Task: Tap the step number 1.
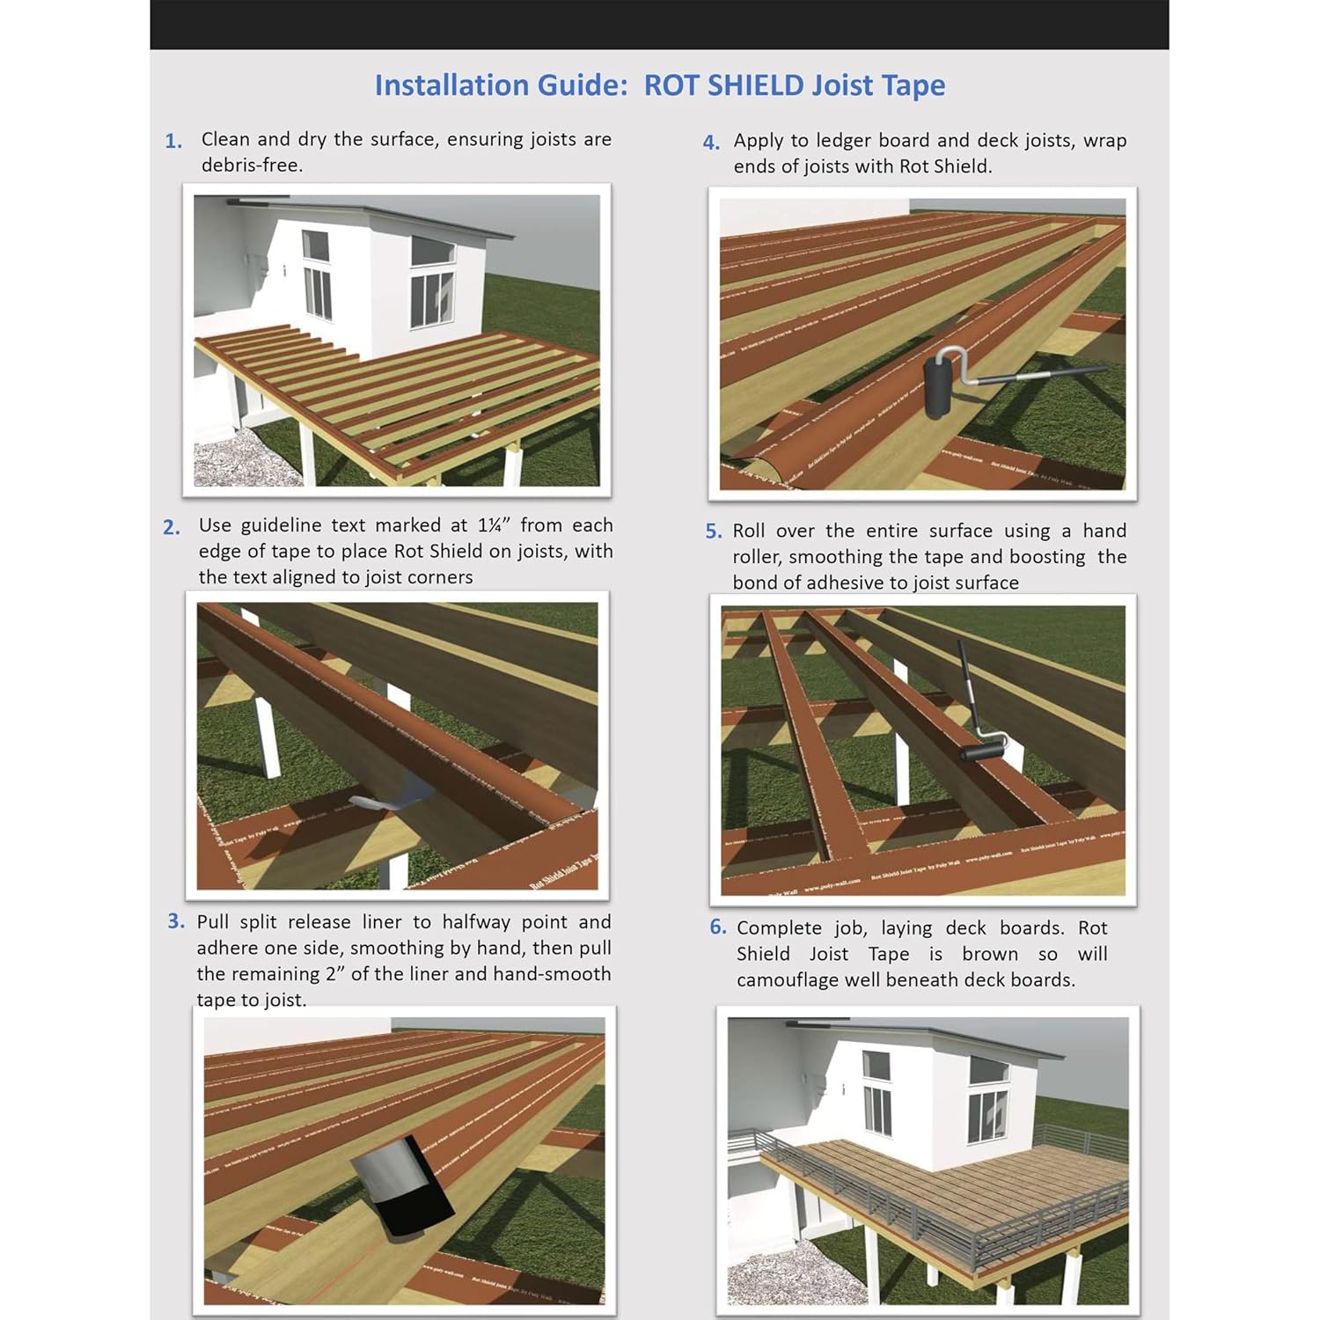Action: (173, 141)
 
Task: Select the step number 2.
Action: (172, 527)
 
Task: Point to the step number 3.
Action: (176, 921)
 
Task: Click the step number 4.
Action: (711, 143)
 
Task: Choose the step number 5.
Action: (714, 532)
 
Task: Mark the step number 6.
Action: (718, 927)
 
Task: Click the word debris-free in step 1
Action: (252, 165)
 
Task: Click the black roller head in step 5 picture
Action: (983, 751)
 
